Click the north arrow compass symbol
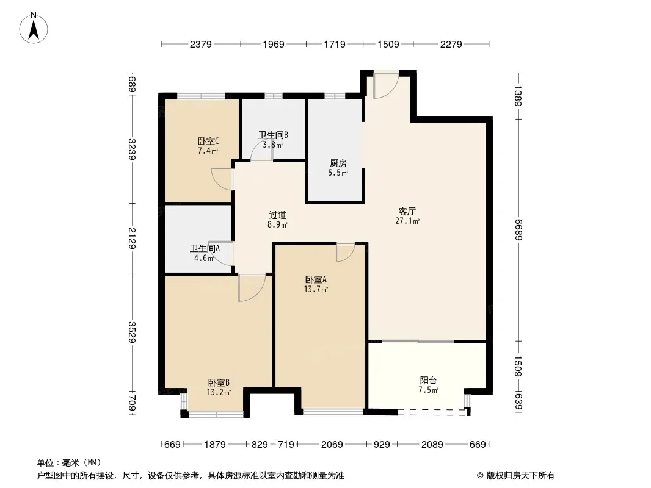coord(34,28)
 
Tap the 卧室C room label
coord(208,142)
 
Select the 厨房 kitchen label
coord(338,163)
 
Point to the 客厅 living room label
coord(407,212)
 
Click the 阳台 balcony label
coord(428,380)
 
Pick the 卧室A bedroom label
coord(316,280)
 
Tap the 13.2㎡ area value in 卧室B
coord(219,392)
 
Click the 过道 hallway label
coord(277,215)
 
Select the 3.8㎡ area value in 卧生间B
coord(273,145)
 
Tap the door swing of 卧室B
coord(252,288)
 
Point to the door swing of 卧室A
coord(346,253)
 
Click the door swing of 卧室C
coord(222,179)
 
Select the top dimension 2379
coord(200,44)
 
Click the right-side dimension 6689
coord(518,230)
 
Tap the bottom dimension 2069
coord(332,445)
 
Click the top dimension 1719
coord(334,44)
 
